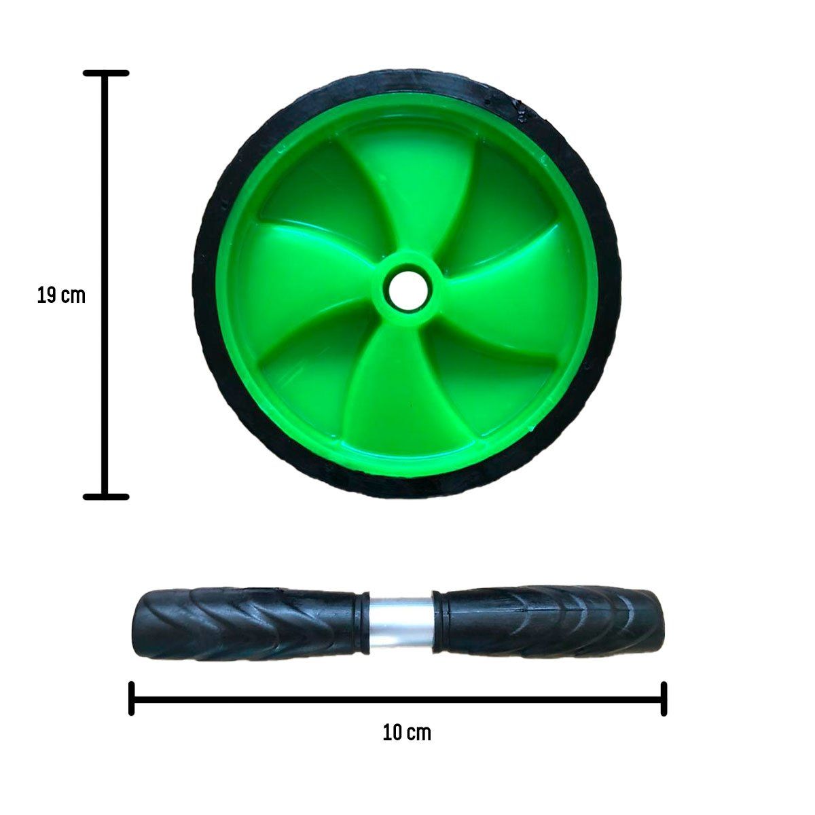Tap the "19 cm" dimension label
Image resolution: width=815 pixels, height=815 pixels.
tap(61, 295)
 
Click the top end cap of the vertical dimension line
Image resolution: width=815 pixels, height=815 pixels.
tap(106, 73)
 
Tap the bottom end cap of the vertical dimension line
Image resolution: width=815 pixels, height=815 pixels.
tap(106, 497)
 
